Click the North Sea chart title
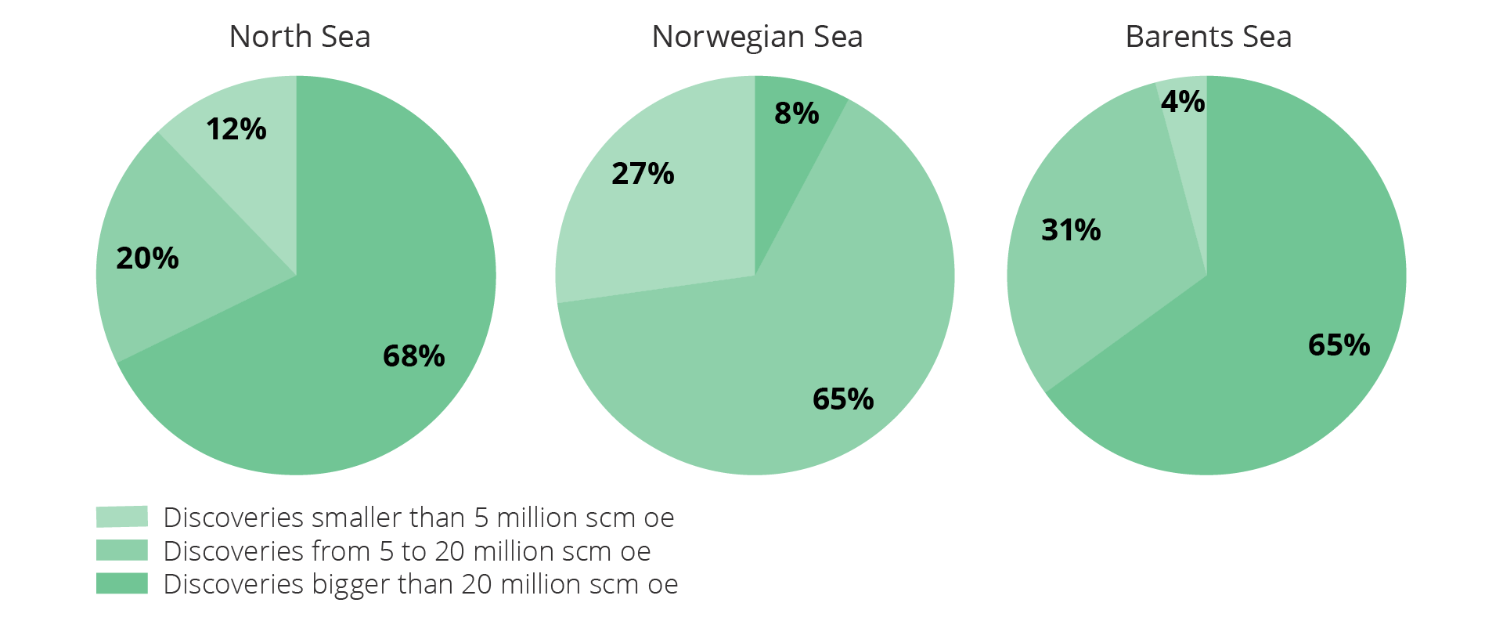(x=300, y=37)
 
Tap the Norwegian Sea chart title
(x=757, y=37)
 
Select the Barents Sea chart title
(x=1208, y=37)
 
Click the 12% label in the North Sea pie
(x=236, y=129)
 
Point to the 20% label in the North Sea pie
(x=147, y=258)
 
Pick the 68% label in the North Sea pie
(x=413, y=356)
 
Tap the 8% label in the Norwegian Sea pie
(x=796, y=114)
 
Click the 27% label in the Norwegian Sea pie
(x=643, y=174)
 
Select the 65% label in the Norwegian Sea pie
(x=843, y=399)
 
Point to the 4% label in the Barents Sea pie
(x=1182, y=102)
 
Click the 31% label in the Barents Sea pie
(x=1071, y=230)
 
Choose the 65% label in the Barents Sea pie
(x=1339, y=345)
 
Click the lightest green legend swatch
(x=122, y=517)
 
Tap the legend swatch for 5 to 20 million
(x=122, y=550)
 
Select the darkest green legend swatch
(x=122, y=583)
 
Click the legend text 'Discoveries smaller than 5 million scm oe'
(x=418, y=518)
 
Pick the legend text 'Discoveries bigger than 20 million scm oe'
(x=420, y=584)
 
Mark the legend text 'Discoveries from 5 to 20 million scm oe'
(x=406, y=551)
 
